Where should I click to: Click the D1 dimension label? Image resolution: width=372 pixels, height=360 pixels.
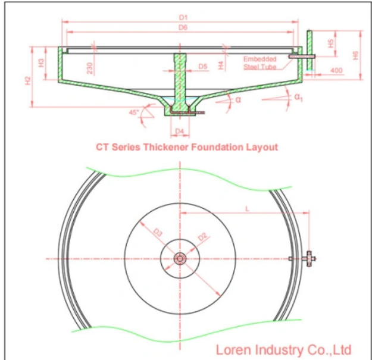coord(183,17)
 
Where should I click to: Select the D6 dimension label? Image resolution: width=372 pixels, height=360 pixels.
coord(183,27)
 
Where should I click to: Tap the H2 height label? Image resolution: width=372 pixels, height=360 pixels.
coord(28,81)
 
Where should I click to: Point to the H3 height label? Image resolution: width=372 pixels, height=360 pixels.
coord(41,63)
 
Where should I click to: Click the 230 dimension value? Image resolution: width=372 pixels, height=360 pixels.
coord(90,68)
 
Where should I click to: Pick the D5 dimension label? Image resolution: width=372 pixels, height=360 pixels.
coord(203,67)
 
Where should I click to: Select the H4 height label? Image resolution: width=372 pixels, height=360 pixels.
coord(221,65)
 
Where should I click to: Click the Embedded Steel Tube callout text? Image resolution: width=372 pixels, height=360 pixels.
coord(260,63)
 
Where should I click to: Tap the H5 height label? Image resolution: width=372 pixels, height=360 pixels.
coord(331,43)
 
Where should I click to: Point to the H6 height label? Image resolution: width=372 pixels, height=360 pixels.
coord(355,55)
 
